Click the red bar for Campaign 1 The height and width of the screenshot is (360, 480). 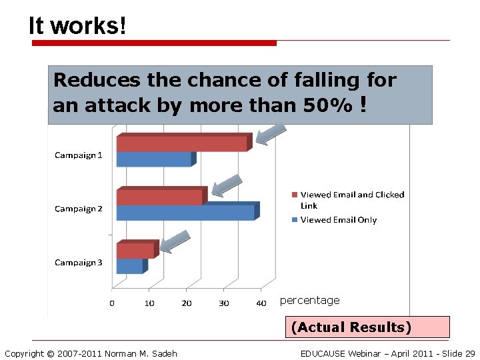[x=181, y=143]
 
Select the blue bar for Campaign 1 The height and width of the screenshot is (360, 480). [x=154, y=159]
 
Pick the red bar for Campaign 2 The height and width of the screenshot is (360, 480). [x=159, y=197]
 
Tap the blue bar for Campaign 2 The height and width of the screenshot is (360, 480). [x=185, y=213]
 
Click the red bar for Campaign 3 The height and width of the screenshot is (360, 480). [x=135, y=250]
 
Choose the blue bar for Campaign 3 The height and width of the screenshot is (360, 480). [x=130, y=266]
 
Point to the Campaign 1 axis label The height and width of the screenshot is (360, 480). [x=79, y=155]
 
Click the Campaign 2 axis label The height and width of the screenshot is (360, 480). [x=79, y=209]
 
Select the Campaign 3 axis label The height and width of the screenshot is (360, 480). [x=79, y=263]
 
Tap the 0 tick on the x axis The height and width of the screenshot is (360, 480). [x=112, y=303]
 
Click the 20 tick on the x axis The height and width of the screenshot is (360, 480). [x=187, y=303]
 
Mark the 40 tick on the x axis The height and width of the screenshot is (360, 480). [x=261, y=303]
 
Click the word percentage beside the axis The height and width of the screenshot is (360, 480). [x=309, y=301]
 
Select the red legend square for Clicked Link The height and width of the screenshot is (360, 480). [x=294, y=195]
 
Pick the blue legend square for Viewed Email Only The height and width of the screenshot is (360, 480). [x=294, y=220]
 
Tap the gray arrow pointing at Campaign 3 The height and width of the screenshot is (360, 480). [x=175, y=241]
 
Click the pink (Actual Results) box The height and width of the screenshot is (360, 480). [x=351, y=327]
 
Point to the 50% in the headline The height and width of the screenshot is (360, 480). [x=331, y=105]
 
